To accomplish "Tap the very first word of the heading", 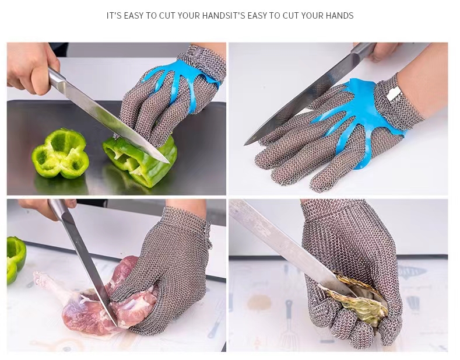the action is pyautogui.click(x=114, y=16).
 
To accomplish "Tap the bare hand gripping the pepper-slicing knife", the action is pyautogui.click(x=31, y=68).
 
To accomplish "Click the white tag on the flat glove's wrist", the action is pyautogui.click(x=393, y=94).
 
